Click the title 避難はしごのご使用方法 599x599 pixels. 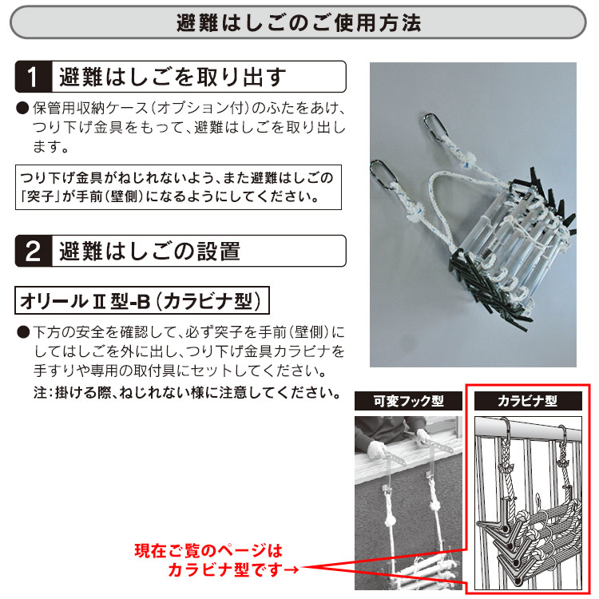click(299, 22)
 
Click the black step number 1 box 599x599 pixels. click(33, 77)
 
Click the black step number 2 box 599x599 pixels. click(33, 251)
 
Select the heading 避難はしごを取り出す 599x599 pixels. click(172, 77)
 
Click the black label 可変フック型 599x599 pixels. click(410, 401)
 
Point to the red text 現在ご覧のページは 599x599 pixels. click(208, 550)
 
